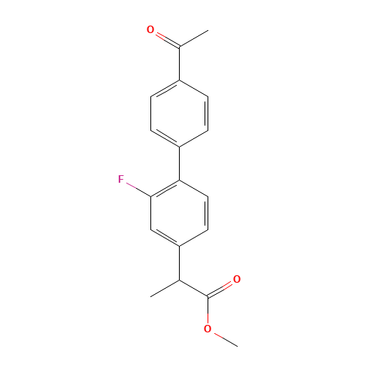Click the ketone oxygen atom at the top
pyautogui.click(x=150, y=29)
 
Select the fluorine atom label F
pyautogui.click(x=121, y=179)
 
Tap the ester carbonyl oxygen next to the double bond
pyautogui.click(x=237, y=279)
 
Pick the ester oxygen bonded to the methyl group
pyautogui.click(x=208, y=329)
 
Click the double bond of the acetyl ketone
pyautogui.click(x=168, y=39)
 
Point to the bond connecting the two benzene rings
pyautogui.click(x=180, y=163)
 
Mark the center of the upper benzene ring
pyautogui.click(x=180, y=114)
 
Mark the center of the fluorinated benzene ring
pyautogui.click(x=180, y=213)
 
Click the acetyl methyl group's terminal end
pyautogui.click(x=208, y=31)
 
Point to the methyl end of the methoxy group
pyautogui.click(x=238, y=347)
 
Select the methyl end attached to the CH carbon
pyautogui.click(x=150, y=297)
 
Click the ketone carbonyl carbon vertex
pyautogui.click(x=180, y=47)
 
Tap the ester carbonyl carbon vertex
pyautogui.click(x=208, y=297)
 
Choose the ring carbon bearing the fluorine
pyautogui.click(x=150, y=196)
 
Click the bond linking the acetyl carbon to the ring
pyautogui.click(x=180, y=64)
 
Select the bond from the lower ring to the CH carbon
pyautogui.click(x=180, y=263)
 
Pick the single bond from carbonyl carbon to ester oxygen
pyautogui.click(x=208, y=311)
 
